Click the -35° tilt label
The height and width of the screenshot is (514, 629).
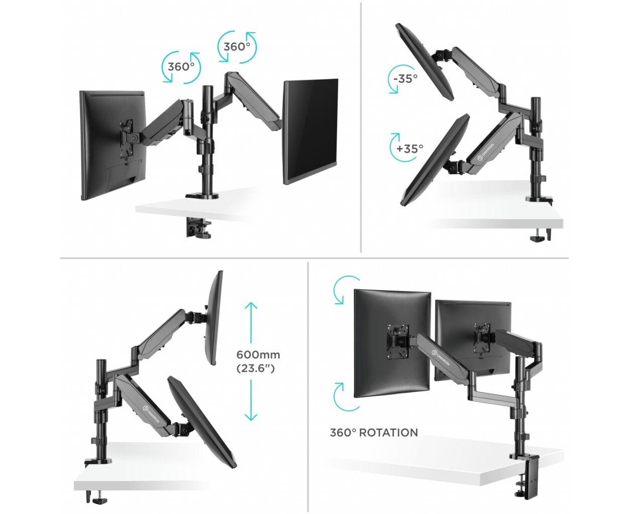(405, 79)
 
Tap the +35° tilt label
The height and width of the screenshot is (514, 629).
(410, 148)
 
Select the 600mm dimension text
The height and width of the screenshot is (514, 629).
(258, 355)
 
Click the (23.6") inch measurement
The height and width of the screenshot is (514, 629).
(255, 368)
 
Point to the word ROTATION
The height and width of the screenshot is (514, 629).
(388, 433)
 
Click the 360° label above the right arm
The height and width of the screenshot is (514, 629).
(237, 47)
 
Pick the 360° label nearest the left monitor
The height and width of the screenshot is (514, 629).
(181, 67)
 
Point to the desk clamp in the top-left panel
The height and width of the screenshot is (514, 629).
(198, 227)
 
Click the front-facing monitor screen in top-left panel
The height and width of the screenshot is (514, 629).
(310, 132)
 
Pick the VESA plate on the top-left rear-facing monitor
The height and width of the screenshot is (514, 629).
(127, 138)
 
